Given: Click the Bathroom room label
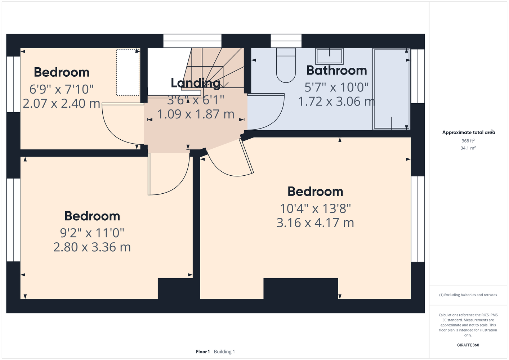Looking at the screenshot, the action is (336, 71).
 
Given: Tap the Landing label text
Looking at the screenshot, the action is (195, 83).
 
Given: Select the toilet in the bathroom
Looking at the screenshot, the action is (286, 65).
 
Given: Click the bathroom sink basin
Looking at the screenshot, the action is (329, 56).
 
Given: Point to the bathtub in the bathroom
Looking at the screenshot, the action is (391, 89).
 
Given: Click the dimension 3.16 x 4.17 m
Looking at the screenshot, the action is (315, 223).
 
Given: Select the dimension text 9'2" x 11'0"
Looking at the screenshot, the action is (92, 233).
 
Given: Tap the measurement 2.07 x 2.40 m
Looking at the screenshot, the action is (61, 103).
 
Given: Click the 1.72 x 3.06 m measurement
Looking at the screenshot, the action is (336, 102).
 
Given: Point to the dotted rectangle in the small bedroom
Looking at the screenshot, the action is (128, 72).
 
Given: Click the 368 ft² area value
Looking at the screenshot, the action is (468, 141).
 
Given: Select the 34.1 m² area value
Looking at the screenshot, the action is (468, 148).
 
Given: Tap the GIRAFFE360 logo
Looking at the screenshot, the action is (468, 345).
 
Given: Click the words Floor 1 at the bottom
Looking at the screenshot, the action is (203, 352).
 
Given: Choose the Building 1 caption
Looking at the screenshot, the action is (224, 352).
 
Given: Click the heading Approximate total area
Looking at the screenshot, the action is (469, 132).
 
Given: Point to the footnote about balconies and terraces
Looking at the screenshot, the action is (468, 295).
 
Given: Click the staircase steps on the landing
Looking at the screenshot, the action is (214, 68).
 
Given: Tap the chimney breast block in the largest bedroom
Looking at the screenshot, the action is (301, 288).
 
